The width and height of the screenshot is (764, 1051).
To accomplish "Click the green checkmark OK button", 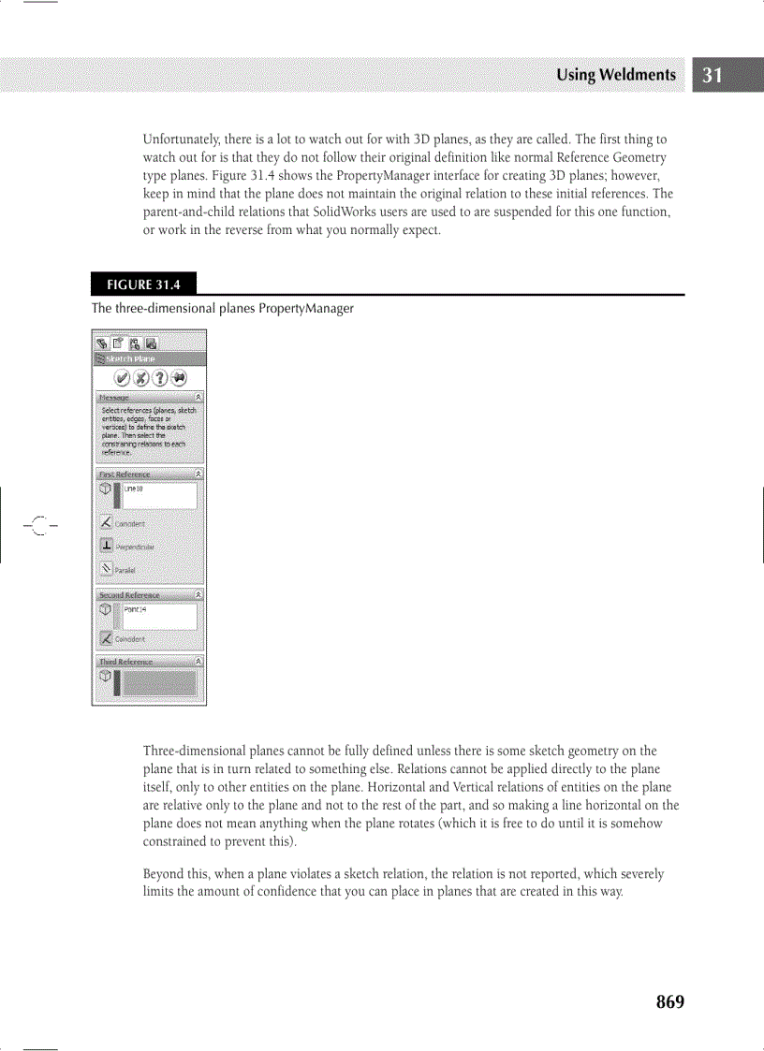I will [122, 377].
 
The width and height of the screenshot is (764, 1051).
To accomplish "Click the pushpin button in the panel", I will [178, 377].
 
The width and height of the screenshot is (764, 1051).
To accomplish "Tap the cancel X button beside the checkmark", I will [140, 377].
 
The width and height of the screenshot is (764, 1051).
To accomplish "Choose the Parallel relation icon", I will [107, 568].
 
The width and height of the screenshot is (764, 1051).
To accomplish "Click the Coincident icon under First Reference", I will [107, 523].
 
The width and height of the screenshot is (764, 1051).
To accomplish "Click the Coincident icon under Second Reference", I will [107, 638].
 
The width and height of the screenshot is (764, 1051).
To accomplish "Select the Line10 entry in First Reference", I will [158, 495].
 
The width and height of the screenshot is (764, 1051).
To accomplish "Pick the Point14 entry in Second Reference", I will [158, 616].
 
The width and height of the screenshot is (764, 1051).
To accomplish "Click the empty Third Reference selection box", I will [158, 682].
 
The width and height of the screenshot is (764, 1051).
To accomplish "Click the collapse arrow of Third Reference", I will [198, 661].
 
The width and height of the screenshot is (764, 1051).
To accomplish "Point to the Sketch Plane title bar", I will [149, 358].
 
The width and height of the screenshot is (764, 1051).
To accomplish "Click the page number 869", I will [669, 1001].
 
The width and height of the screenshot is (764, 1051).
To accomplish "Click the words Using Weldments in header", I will [615, 76].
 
